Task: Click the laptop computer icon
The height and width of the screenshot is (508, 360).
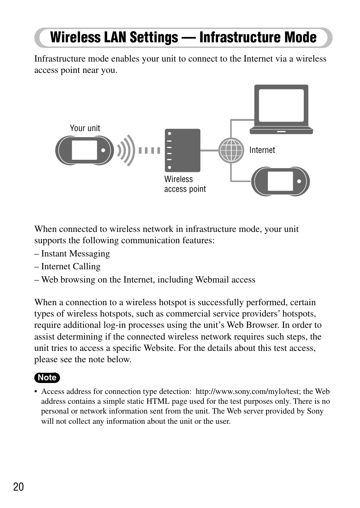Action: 281,109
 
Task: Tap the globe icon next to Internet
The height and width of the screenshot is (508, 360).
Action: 231,150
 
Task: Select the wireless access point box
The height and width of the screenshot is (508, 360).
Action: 182,150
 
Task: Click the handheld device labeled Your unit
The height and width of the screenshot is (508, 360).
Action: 85,150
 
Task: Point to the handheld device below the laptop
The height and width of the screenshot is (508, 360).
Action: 280,181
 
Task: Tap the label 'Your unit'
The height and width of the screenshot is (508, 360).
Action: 85,128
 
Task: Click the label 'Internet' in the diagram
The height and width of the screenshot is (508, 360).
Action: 262,150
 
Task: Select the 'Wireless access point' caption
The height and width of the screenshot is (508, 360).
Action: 185,184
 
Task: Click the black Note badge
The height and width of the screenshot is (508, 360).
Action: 47,377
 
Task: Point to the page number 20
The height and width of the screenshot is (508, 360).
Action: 18,487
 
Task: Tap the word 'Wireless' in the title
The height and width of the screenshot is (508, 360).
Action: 76,37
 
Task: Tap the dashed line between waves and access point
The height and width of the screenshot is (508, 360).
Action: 149,150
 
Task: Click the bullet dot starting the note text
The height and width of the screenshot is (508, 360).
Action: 36,392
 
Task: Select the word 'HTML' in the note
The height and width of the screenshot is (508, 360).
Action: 157,401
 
